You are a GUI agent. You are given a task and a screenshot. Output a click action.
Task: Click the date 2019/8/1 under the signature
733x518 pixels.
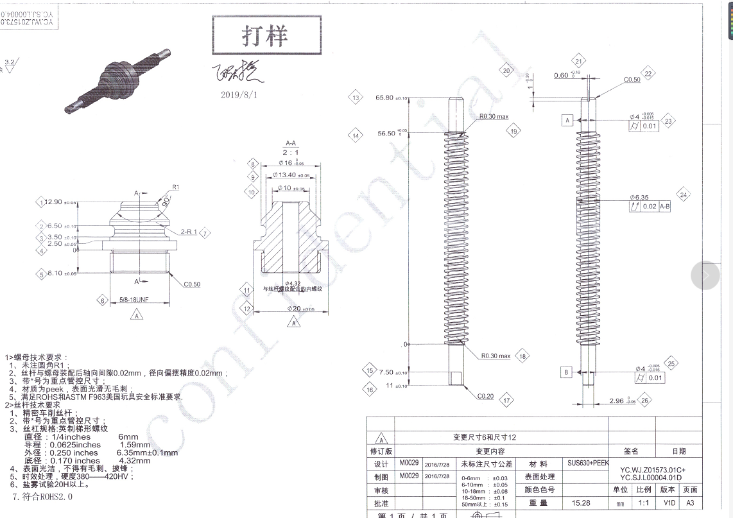coord(238,94)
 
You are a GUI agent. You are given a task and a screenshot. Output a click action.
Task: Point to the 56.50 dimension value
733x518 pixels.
coord(386,134)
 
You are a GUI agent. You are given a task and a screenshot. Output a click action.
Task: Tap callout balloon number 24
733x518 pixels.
coord(683,194)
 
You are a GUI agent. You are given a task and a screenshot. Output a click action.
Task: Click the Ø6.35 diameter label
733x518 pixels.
coord(640,197)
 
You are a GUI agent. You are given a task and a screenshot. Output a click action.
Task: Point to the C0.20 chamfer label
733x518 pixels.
coord(485,396)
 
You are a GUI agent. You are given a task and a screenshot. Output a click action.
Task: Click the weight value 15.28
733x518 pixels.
coord(581,504)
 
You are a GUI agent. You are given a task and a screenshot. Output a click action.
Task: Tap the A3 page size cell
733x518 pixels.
coord(691,504)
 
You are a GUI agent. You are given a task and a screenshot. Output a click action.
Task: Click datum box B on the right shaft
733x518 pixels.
coord(567,372)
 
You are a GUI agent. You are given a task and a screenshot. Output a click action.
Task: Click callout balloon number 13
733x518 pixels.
coord(356,98)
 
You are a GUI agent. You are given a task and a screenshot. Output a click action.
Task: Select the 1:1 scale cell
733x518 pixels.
coord(643,504)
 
